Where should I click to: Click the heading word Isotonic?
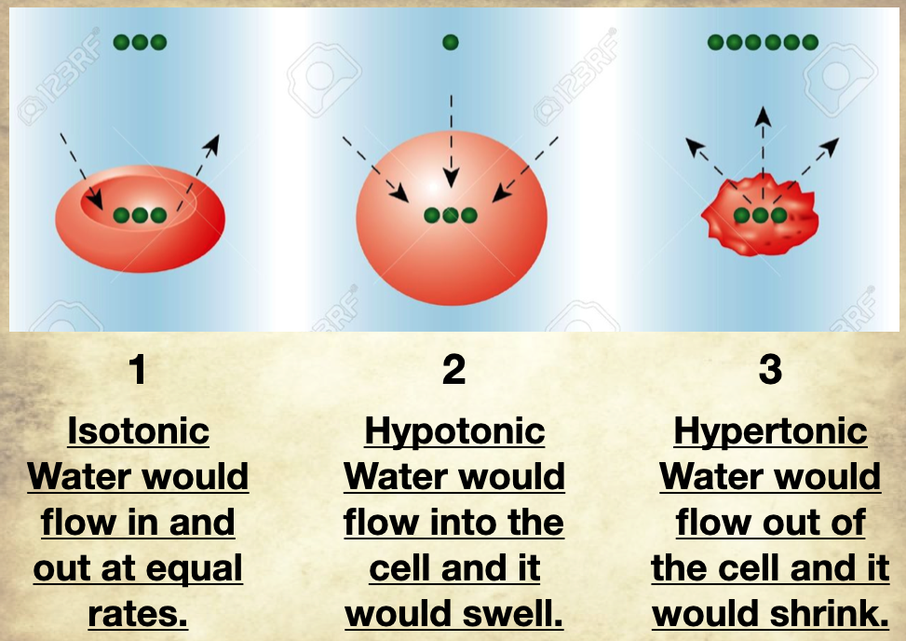click(x=138, y=431)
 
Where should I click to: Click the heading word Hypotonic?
click(x=454, y=431)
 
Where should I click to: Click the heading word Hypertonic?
click(x=770, y=431)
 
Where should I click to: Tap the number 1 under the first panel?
click(x=138, y=371)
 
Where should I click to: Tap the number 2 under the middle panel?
click(x=453, y=371)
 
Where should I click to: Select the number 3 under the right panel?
click(x=770, y=371)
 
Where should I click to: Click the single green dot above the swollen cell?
click(x=451, y=42)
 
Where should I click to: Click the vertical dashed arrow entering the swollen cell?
click(x=451, y=140)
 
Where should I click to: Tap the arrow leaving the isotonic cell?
click(x=199, y=168)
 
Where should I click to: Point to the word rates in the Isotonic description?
click(x=138, y=614)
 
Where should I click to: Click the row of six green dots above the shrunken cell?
click(x=763, y=42)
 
